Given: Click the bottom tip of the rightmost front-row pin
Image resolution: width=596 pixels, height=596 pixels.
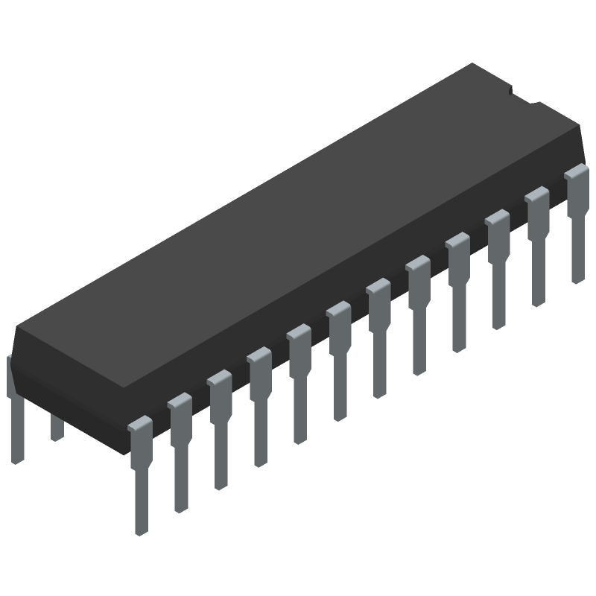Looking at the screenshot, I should [x=578, y=279].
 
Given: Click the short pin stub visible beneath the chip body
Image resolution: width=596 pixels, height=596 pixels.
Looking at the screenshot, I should [x=57, y=428].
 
